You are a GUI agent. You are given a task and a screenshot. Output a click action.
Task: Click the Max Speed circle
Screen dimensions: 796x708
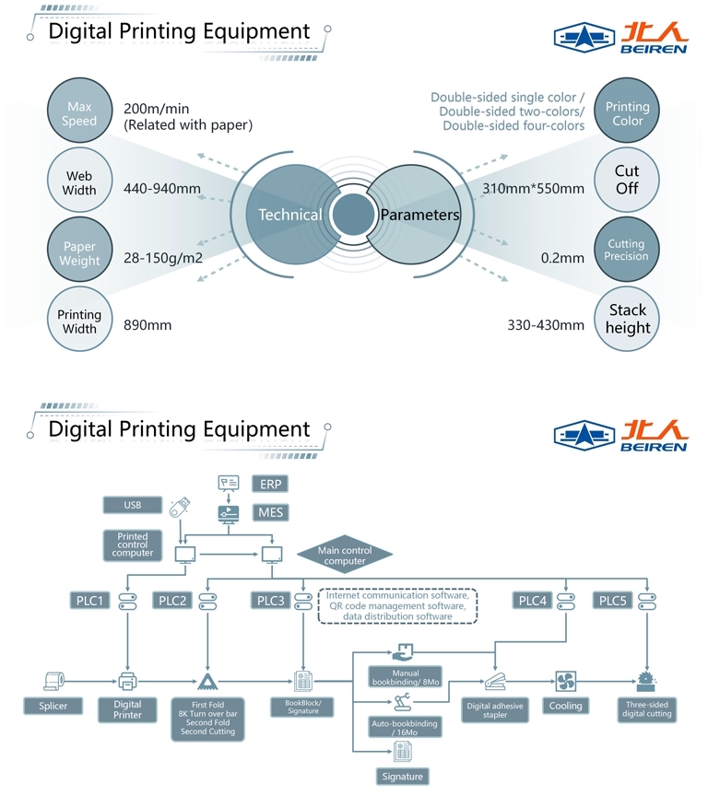tap(79, 114)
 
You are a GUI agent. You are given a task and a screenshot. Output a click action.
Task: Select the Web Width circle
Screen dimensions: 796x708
tap(79, 183)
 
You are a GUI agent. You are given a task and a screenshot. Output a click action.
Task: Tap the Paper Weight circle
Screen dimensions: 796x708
tap(79, 253)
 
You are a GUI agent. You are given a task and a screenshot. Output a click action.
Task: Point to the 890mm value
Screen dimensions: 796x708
tap(147, 325)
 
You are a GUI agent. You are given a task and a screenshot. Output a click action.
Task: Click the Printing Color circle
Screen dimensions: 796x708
tap(627, 114)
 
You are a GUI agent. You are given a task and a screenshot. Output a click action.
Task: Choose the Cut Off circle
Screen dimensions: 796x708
tap(627, 180)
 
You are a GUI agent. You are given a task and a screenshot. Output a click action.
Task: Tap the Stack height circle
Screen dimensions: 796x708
tap(627, 319)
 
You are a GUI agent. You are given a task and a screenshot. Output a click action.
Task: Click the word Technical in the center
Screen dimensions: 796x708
tap(289, 215)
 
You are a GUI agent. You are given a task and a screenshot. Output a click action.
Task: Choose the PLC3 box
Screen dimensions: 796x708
tap(271, 601)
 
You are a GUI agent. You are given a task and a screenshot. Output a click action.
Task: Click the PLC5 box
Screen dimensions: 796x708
tap(613, 601)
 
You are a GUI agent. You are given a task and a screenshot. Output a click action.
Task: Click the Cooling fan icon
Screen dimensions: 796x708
tap(566, 682)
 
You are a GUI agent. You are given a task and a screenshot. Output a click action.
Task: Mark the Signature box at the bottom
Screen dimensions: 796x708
tap(402, 777)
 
